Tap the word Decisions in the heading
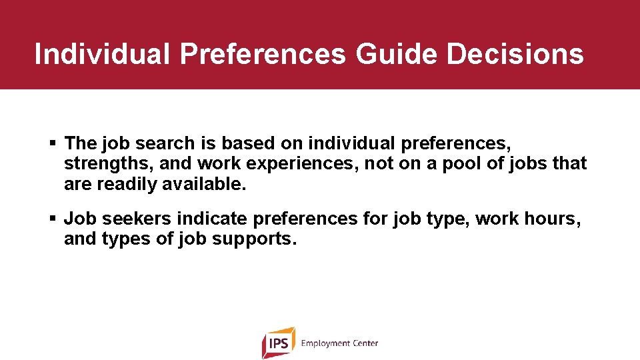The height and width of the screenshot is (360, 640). pos(515,54)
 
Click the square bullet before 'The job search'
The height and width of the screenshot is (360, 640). pos(53,143)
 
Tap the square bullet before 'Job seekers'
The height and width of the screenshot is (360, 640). pos(53,219)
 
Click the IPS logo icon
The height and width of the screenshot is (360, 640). pos(278,343)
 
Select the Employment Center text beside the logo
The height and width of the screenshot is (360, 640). pos(339,343)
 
